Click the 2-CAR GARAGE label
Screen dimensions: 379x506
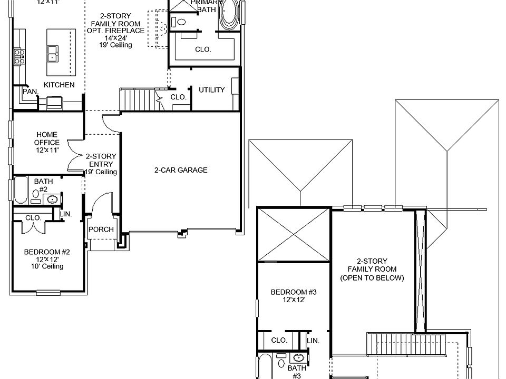coord(181,170)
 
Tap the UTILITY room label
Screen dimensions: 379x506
coord(212,90)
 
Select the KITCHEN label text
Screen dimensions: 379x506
coord(59,85)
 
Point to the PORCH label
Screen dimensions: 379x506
coord(101,230)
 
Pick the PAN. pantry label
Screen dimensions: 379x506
coord(30,92)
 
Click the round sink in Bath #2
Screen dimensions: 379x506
coord(52,199)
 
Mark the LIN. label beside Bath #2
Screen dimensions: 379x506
coord(66,214)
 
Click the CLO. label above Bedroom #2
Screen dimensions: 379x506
coord(33,217)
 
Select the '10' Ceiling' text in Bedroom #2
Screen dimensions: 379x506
coord(47,266)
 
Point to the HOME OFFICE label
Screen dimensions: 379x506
coord(47,138)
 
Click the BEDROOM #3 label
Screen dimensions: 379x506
coord(293,292)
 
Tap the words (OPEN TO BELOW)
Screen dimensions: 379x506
coord(372,277)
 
